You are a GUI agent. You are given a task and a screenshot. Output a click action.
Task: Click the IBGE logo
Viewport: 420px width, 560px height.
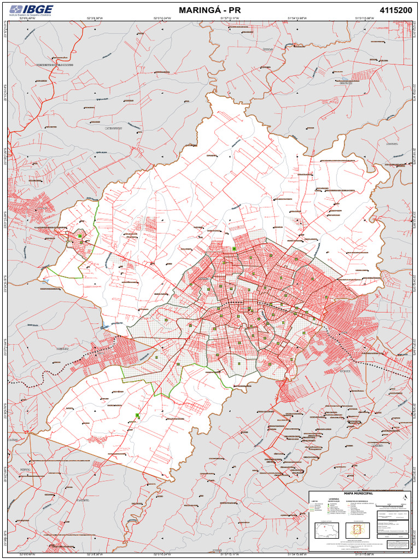coord(31,9)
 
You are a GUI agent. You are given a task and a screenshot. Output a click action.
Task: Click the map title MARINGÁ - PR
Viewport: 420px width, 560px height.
coord(209,10)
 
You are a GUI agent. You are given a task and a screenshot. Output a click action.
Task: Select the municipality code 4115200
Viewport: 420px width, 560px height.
coord(395,10)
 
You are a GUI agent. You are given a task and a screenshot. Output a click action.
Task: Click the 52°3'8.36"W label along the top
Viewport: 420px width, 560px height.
coord(95,19)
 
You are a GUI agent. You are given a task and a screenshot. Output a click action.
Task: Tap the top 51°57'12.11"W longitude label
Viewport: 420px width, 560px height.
coord(230,19)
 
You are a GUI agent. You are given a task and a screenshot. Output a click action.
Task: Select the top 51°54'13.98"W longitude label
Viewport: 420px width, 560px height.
coord(297,19)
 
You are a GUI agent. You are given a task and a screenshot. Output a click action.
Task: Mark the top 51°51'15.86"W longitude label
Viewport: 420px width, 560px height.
coord(364,19)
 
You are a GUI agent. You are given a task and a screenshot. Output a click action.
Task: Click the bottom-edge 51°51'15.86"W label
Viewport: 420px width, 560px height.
coord(364,554)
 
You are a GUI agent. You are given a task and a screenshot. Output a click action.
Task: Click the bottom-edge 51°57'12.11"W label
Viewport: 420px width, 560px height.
coord(230,554)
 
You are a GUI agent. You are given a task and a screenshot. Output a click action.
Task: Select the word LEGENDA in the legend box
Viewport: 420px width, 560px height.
coord(334,499)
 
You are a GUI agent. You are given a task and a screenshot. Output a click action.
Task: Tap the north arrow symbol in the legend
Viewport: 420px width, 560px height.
coord(404,497)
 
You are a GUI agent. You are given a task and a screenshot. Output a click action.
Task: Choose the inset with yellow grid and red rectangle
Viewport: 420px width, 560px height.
coord(358,530)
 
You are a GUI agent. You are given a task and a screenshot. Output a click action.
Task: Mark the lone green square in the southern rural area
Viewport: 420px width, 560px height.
coord(137,416)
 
